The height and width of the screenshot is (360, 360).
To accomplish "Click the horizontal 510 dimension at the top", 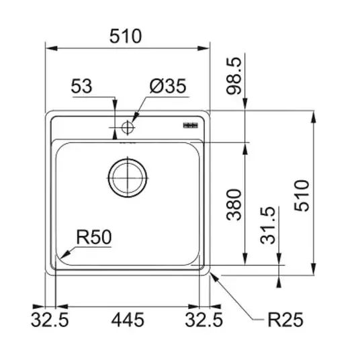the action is [x=126, y=36].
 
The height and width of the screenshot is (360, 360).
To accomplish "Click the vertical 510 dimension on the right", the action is [x=302, y=195].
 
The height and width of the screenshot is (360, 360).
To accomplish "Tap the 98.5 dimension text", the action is [x=234, y=76].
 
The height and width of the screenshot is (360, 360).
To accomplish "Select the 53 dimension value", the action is [x=81, y=86].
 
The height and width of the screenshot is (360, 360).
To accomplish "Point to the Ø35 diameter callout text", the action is [x=168, y=86].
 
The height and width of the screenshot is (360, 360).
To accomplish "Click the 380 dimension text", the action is [x=234, y=205].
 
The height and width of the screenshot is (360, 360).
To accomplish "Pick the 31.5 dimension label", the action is [x=267, y=225].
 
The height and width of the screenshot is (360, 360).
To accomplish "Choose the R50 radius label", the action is [x=94, y=236].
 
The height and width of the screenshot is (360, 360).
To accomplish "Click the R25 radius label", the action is [x=285, y=319].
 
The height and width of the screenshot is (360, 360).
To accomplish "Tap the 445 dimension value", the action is [x=128, y=319].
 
